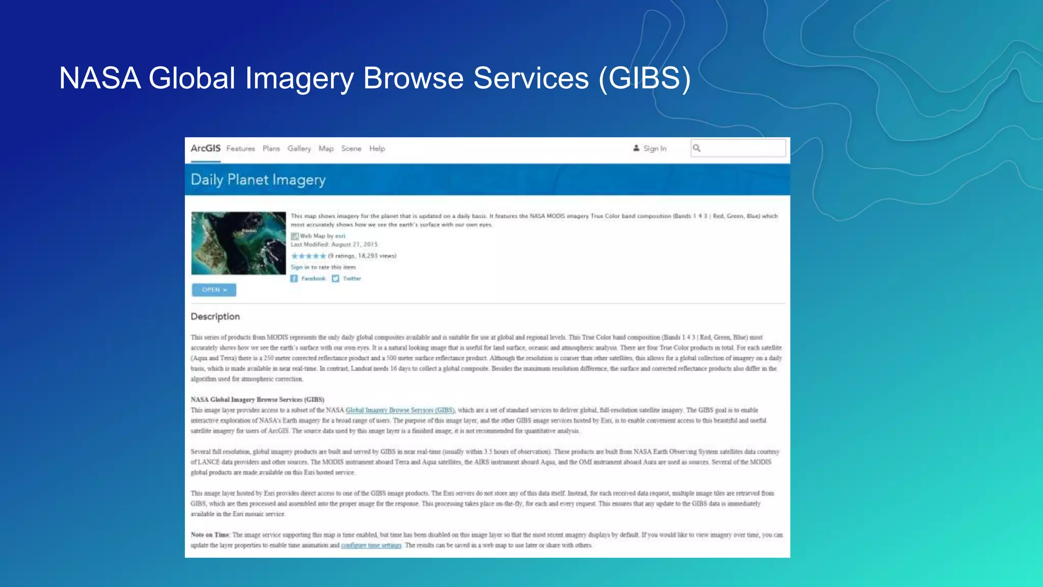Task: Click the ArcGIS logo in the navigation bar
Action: pos(205,148)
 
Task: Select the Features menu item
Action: pos(240,149)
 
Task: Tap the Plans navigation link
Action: pos(271,149)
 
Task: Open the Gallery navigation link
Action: pos(299,149)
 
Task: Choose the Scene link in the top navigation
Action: pos(351,149)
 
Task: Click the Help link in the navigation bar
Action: pos(377,149)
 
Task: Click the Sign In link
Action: pos(654,149)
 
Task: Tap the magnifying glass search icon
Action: pos(697,148)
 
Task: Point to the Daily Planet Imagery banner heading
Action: pos(258,180)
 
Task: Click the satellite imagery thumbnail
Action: pos(238,243)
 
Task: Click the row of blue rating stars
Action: pos(308,256)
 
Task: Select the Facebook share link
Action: pos(312,279)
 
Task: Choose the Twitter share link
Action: pos(351,279)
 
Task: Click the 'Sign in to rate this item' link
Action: pos(323,267)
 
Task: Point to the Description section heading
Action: pos(215,316)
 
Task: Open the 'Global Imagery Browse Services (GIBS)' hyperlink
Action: pos(400,410)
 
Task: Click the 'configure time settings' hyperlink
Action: pos(371,545)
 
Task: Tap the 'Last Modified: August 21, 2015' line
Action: pos(334,245)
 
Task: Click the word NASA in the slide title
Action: pos(100,78)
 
